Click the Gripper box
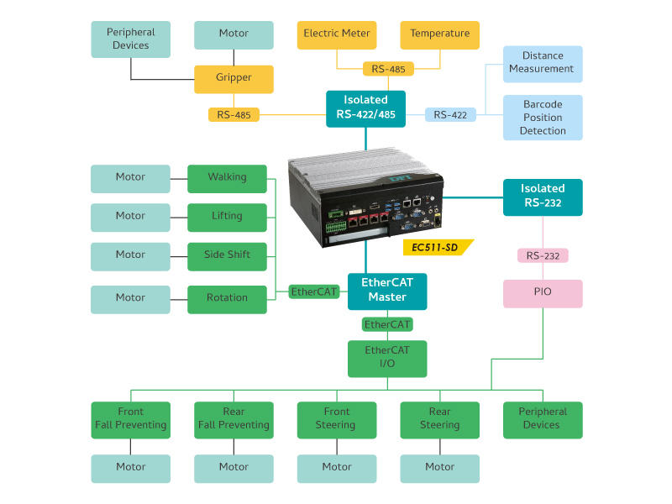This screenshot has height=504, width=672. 234,78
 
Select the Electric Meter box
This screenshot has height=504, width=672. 337,34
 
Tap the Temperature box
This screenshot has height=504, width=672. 439,34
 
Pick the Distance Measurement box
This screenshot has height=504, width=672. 542,63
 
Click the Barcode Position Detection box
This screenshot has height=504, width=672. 542,118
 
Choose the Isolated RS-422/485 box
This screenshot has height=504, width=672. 365,108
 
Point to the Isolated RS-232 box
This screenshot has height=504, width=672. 542,197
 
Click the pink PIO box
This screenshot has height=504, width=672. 542,293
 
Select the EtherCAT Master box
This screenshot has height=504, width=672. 387,291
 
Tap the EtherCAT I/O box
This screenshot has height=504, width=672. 387,358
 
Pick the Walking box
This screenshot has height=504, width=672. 227,178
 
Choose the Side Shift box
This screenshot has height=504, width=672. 227,255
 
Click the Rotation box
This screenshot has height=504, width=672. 227,298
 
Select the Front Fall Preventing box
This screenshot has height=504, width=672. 130,419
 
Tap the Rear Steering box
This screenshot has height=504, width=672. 439,419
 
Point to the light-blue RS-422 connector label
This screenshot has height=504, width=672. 450,115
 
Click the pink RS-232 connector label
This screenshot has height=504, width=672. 543,255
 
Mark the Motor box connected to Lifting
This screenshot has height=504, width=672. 130,217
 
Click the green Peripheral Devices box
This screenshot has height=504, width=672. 542,419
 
